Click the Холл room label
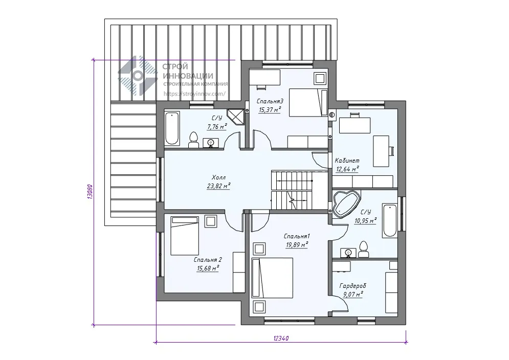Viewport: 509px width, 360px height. click(218, 177)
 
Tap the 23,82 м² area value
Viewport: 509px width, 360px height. click(218, 186)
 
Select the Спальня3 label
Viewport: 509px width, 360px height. click(270, 101)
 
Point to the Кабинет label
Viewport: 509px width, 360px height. click(347, 161)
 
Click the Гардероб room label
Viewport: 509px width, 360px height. click(352, 286)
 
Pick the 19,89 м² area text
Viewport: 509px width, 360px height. click(297, 244)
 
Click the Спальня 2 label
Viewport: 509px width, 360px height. click(208, 260)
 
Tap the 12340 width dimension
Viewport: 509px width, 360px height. click(281, 338)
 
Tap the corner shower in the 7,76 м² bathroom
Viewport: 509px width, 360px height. click(236, 117)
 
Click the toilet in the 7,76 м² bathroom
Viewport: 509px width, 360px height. click(193, 140)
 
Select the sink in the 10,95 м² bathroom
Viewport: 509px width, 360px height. click(348, 253)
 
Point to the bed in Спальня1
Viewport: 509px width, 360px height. click(272, 278)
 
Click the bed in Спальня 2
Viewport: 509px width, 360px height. click(184, 236)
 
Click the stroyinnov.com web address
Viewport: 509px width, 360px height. click(194, 94)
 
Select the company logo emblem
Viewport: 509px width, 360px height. click(138, 76)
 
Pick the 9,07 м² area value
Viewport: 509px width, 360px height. click(353, 295)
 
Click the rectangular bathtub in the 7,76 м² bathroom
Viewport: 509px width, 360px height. click(172, 128)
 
